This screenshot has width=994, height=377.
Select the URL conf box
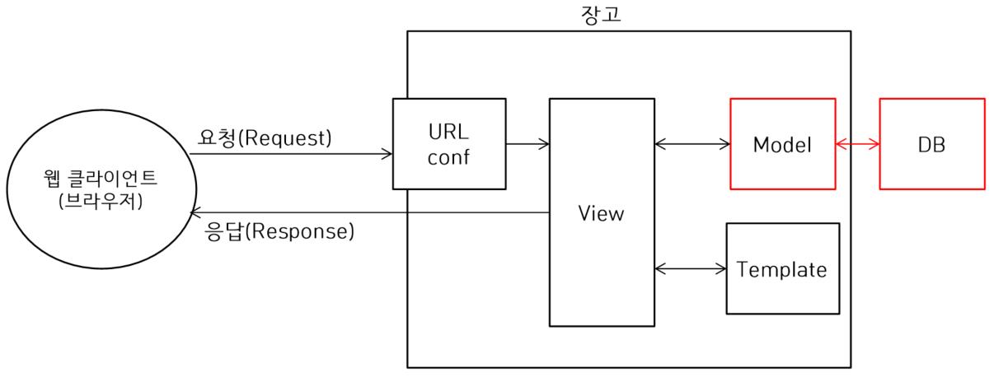(x=449, y=144)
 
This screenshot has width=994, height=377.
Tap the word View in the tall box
(x=601, y=214)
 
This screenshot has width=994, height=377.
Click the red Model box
(x=782, y=144)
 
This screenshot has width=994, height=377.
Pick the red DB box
(x=932, y=144)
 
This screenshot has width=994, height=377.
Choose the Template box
(x=782, y=268)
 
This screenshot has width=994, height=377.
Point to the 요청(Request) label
(x=265, y=139)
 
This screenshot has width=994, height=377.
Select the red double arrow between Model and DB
(x=857, y=144)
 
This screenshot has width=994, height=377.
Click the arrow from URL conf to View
(x=527, y=144)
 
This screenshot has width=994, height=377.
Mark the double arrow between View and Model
(x=692, y=144)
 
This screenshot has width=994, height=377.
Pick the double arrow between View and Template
(x=689, y=268)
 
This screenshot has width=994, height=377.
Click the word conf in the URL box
(x=449, y=156)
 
